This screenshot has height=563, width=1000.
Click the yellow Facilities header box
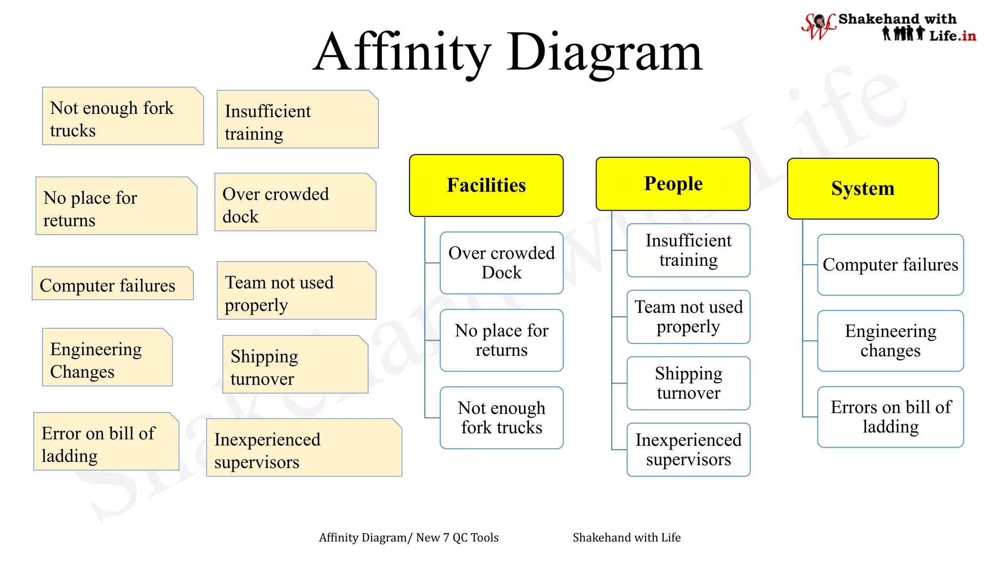pos(486,185)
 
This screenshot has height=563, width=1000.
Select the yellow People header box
pos(673,184)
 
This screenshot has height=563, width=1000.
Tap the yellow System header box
pos(863,189)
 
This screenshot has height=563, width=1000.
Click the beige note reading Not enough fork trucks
pos(123,116)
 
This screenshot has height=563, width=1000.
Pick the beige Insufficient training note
pos(297,120)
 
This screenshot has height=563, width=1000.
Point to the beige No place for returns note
pos(116,206)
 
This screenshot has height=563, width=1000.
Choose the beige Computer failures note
pos(112,283)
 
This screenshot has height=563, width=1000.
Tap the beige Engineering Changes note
pos(107,358)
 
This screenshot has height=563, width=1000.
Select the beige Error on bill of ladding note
pos(106,442)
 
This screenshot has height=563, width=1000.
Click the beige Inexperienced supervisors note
pos(304,448)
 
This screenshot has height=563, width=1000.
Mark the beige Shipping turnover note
pos(295,365)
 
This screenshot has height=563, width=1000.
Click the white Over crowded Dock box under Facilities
pos(501,263)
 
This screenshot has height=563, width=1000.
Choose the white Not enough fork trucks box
pos(501,418)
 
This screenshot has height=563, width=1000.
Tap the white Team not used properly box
pos(688,317)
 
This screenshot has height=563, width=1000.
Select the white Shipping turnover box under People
pos(688,383)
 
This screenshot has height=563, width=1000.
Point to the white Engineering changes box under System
pos(890,341)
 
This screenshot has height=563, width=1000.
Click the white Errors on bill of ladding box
pos(890,417)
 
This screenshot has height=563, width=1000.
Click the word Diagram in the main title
pos(604,52)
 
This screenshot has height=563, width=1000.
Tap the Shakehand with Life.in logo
pos(889,27)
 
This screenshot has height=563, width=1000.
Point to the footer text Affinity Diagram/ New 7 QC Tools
pos(409,538)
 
